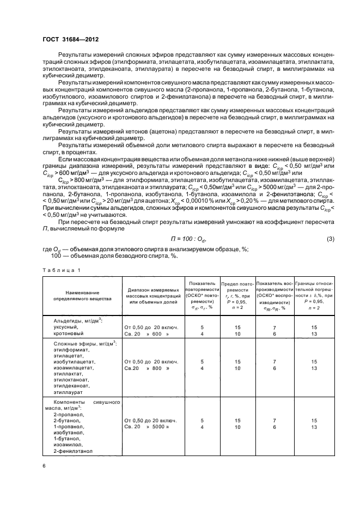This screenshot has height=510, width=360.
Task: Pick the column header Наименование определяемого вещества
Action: pos(76,296)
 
